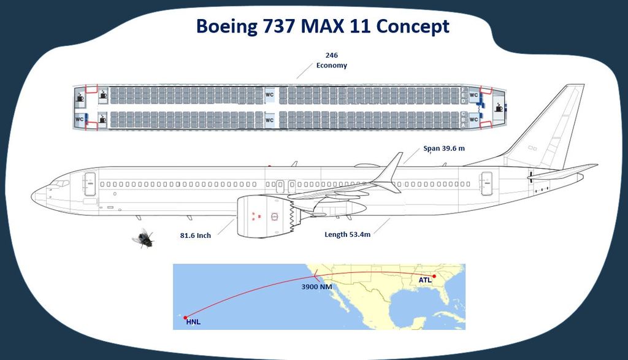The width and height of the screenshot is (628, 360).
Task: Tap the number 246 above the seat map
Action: pos(331,55)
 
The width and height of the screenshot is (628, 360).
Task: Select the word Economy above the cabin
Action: pos(331,66)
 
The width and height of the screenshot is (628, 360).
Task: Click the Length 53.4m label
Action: pos(347,234)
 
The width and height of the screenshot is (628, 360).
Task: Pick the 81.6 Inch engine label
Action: pos(195,235)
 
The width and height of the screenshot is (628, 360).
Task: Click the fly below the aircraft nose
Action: pos(144,237)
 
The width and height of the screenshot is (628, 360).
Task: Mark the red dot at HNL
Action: pos(185,317)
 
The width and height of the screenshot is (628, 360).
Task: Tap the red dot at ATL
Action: pos(434,276)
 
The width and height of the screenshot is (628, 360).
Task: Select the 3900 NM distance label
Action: pos(317,286)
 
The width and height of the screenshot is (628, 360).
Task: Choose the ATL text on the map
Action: pos(425,280)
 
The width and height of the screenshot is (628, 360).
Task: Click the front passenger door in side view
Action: pos(90,184)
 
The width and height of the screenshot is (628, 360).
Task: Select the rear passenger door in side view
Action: pos(486,184)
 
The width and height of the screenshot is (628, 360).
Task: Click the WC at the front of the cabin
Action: pos(79,119)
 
